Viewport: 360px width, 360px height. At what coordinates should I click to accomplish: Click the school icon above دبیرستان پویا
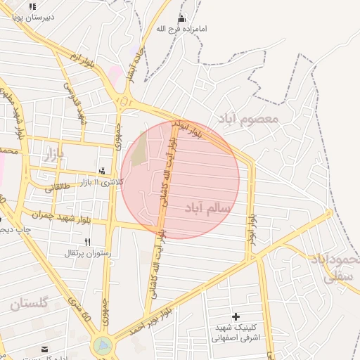[32, 6]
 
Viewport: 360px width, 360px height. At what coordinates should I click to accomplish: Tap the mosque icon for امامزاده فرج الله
[183, 19]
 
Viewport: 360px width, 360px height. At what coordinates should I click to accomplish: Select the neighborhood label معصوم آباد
[247, 118]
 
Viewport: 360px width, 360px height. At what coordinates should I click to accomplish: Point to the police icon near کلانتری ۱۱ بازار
[103, 170]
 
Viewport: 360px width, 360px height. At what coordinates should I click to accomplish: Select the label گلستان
[29, 304]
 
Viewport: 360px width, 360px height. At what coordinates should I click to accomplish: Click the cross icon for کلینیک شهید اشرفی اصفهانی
[236, 317]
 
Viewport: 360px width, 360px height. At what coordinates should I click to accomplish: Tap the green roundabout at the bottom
[103, 345]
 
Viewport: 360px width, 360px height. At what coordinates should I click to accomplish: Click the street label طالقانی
[59, 188]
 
